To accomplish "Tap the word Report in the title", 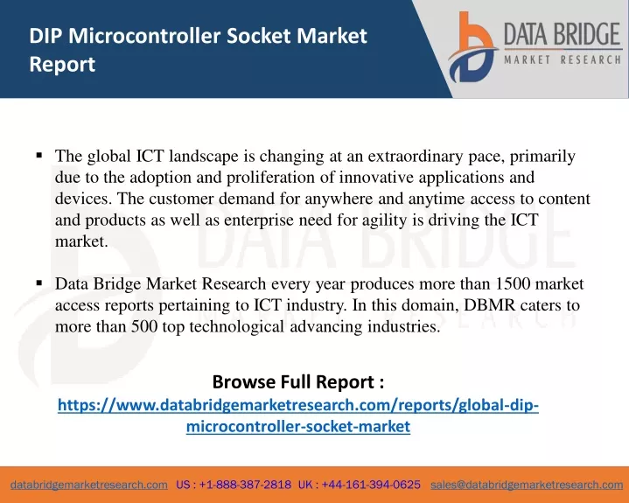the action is click(62, 65).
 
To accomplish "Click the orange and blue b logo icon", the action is click(472, 47).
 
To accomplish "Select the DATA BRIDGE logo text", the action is click(563, 34).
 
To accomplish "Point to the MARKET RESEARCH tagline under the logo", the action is click(563, 60).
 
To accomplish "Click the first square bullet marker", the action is click(39, 155).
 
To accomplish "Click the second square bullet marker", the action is click(39, 283).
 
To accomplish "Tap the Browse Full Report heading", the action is click(298, 381).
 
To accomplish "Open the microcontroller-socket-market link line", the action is click(298, 426).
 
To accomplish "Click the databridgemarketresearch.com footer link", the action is click(89, 485).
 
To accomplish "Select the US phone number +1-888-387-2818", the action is click(245, 485).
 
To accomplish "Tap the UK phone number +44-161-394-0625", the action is click(371, 485).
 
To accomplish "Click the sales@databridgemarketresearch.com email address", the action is click(527, 485).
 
